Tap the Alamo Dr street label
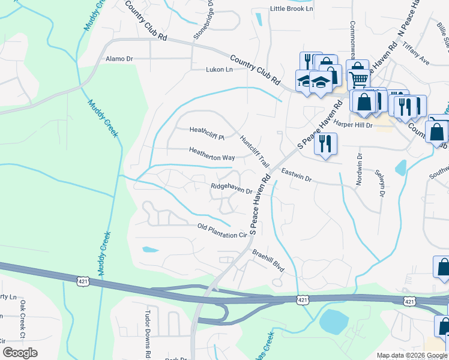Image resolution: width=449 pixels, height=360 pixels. pyautogui.click(x=119, y=59)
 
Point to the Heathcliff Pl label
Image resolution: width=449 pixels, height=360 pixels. pyautogui.click(x=206, y=130)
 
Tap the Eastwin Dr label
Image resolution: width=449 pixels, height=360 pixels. pyautogui.click(x=296, y=175)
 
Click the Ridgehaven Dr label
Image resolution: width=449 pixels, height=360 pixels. pyautogui.click(x=231, y=187)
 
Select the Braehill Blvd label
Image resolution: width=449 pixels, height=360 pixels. pyautogui.click(x=268, y=260)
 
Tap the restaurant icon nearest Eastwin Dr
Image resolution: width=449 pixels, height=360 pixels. pyautogui.click(x=325, y=144)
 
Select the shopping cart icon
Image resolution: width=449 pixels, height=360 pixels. pyautogui.click(x=358, y=79)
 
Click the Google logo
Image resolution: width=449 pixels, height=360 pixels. pyautogui.click(x=20, y=353)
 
